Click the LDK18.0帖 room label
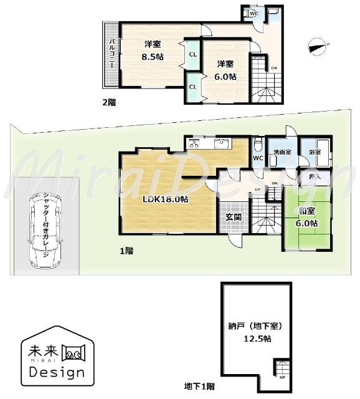tap(165, 199)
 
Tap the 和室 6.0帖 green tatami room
tap(306, 218)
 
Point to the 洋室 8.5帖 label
tap(152, 50)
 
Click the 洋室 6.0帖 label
tap(225, 70)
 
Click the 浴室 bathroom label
tap(315, 152)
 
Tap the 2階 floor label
tap(109, 101)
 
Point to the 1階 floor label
tap(126, 251)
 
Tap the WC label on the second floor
tap(254, 13)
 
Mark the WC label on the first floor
tap(258, 158)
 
